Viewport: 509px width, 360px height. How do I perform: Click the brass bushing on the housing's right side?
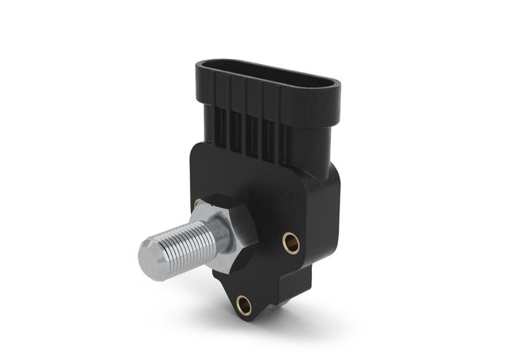point(291,242)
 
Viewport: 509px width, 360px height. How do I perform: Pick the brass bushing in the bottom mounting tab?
point(244,305)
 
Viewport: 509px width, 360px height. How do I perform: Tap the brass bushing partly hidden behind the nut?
point(198,203)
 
